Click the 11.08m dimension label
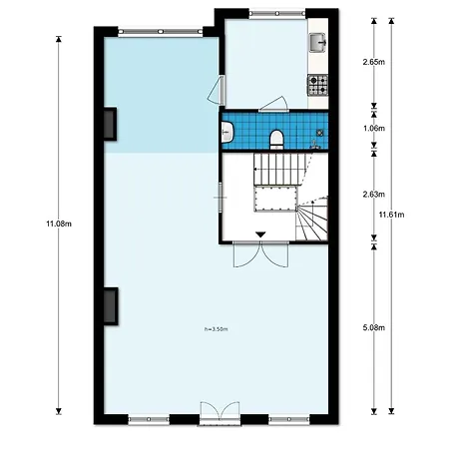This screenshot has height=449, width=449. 59,224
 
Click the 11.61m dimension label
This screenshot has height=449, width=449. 392,215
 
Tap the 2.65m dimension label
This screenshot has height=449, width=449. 374,62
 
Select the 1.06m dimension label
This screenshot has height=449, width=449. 374,128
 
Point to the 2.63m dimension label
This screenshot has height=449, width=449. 374,195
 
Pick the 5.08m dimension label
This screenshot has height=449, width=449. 374,328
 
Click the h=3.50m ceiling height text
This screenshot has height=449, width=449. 217,329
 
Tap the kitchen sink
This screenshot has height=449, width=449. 318,43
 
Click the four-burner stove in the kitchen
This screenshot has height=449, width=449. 317,85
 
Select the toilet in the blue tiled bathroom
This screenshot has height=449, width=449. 276,139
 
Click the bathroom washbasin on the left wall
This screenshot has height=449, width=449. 227,132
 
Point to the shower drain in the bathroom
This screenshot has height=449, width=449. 319,133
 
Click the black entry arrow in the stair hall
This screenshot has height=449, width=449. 260,234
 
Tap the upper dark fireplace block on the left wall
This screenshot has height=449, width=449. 110,124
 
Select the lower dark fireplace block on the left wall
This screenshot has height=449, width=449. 111,306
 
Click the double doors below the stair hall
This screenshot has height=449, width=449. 260,254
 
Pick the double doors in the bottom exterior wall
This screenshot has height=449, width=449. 220,413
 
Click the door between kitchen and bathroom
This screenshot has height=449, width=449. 273,104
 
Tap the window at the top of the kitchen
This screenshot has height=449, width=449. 277,14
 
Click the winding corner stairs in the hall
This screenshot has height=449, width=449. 312,219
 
